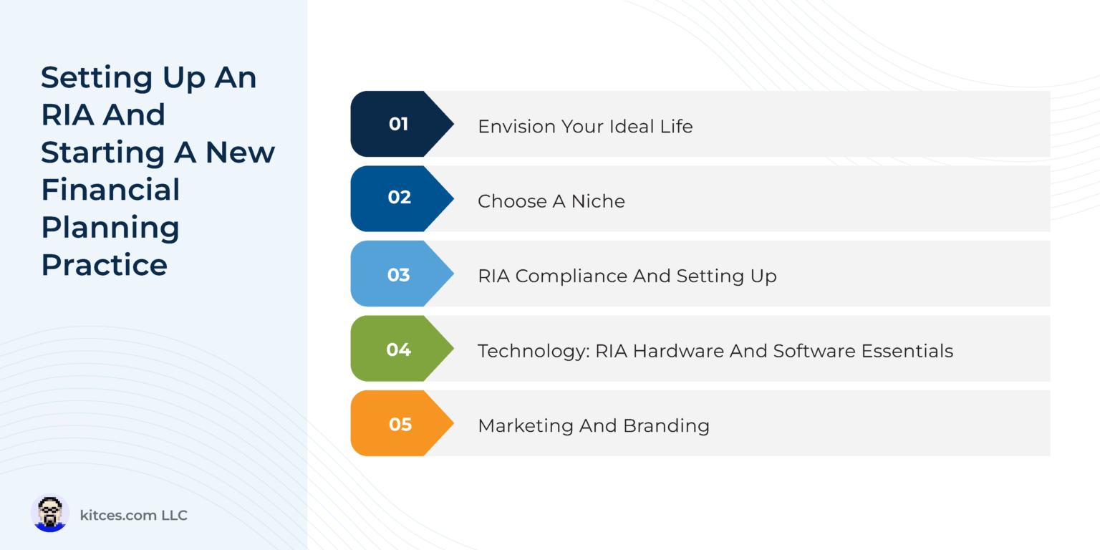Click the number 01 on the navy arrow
pyautogui.click(x=398, y=124)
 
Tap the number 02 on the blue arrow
pyautogui.click(x=399, y=198)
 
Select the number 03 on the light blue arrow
pyautogui.click(x=398, y=275)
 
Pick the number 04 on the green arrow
pyautogui.click(x=398, y=349)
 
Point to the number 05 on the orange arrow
pyautogui.click(x=400, y=425)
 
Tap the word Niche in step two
pyautogui.click(x=598, y=202)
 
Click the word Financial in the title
pyautogui.click(x=110, y=190)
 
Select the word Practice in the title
pyautogui.click(x=105, y=264)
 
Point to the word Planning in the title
pyautogui.click(x=110, y=228)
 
